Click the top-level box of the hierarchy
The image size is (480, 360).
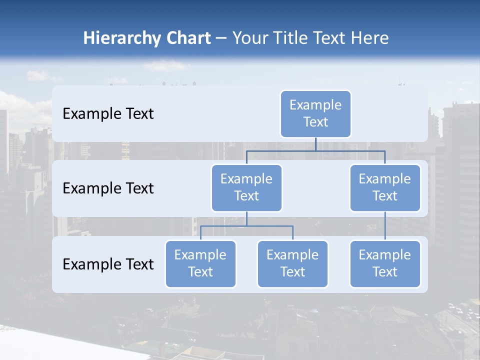coord(315,113)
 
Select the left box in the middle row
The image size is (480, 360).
coord(246,187)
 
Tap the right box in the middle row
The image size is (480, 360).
coord(385,187)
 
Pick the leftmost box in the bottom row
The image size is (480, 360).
coord(200,263)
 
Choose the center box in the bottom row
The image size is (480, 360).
coord(292,263)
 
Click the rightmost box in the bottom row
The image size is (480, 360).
coord(385,263)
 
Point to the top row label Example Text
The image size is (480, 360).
coord(108,113)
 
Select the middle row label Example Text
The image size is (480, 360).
coord(108,188)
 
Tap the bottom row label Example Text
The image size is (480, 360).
coord(108,264)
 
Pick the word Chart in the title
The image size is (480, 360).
coord(185,38)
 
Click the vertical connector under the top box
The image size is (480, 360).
coord(315,143)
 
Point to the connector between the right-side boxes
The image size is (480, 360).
coord(385,225)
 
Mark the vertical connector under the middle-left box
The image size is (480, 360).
coord(246,218)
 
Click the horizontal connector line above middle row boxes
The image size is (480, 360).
coord(315,150)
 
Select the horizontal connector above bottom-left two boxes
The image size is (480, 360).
coord(246,226)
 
